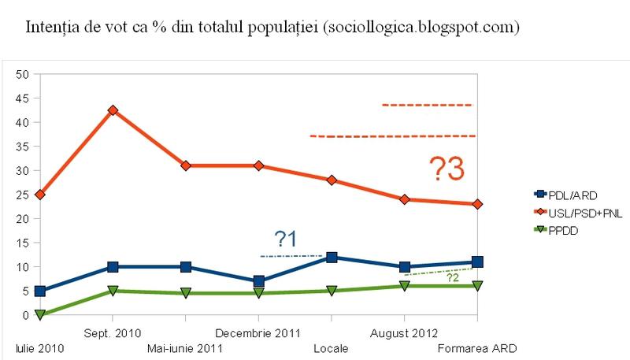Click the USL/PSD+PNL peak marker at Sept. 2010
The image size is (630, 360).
(x=113, y=110)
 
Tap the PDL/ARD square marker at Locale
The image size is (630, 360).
(x=332, y=258)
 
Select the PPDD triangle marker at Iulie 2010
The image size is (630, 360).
(x=40, y=315)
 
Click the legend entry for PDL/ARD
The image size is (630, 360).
(x=564, y=194)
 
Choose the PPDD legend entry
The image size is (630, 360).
(x=556, y=230)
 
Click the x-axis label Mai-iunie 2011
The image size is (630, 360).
(x=184, y=348)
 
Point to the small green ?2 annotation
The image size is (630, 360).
(x=453, y=277)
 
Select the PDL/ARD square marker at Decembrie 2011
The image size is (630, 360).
(x=258, y=281)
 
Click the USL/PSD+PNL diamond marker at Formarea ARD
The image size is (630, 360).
(x=477, y=204)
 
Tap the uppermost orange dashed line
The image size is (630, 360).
(x=427, y=105)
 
